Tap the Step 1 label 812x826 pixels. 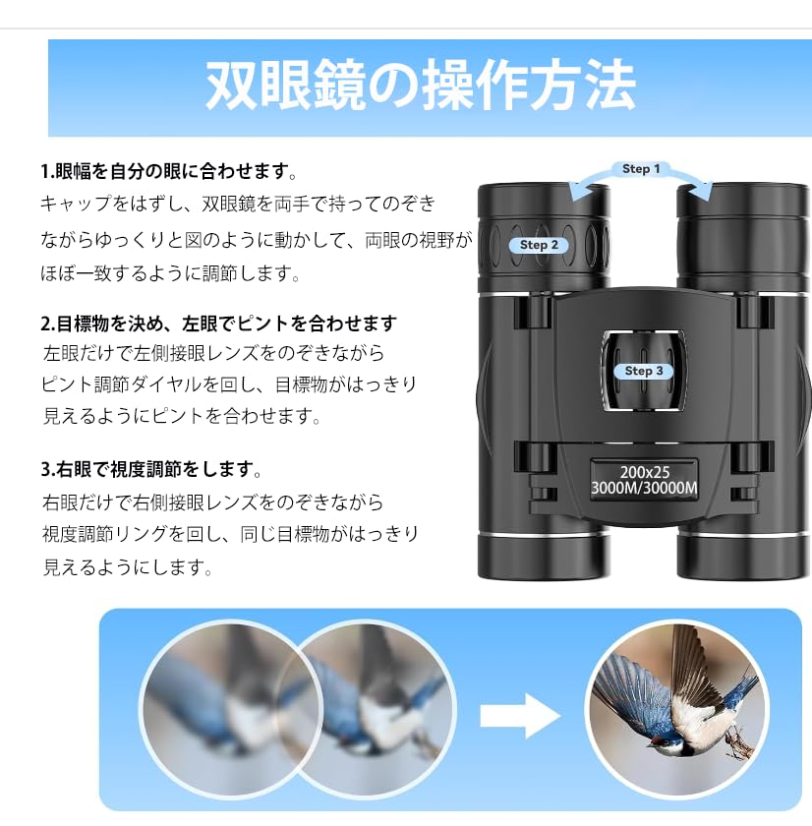(x=641, y=169)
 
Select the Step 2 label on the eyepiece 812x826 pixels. (x=539, y=245)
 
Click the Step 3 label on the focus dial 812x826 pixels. (x=644, y=371)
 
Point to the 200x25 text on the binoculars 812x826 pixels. (x=645, y=472)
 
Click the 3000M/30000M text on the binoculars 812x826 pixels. (x=644, y=489)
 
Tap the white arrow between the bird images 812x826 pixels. (x=520, y=716)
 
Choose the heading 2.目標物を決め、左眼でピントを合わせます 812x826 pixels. (x=218, y=323)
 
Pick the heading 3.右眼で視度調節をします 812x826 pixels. (x=151, y=469)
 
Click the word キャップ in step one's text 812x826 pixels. (x=76, y=204)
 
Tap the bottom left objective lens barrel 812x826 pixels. (x=544, y=556)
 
